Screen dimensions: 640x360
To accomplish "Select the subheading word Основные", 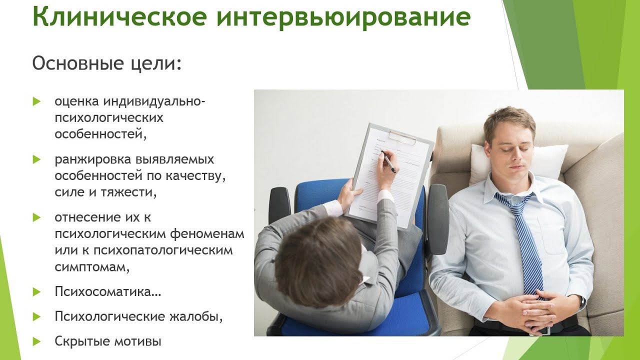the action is (x=77, y=63).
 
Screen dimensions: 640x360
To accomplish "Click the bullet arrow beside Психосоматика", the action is (x=37, y=291).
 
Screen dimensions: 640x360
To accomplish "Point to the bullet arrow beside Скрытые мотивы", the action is (x=37, y=341).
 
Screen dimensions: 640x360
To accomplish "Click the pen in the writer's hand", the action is (x=388, y=161).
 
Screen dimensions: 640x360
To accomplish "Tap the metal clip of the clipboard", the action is (x=402, y=137).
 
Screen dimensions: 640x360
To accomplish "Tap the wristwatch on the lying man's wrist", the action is (x=582, y=302).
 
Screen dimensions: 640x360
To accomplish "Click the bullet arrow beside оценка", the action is (x=37, y=101).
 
